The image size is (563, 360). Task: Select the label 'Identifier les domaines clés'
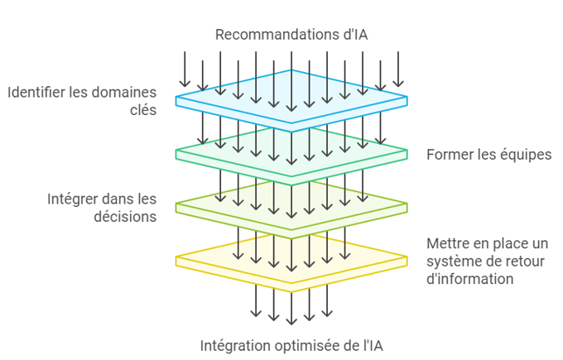(82, 99)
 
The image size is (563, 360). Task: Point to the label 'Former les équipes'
(488, 154)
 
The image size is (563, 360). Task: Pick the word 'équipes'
(527, 155)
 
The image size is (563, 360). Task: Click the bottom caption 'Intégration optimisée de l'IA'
(291, 344)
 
